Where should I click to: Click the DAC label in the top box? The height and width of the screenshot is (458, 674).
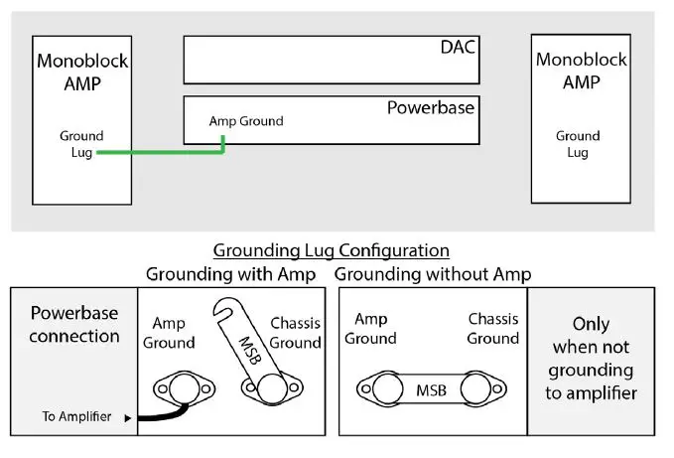point(459,48)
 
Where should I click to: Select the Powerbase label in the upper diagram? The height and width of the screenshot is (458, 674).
point(430,107)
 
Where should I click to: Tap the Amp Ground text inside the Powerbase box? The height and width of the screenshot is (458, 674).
point(245,121)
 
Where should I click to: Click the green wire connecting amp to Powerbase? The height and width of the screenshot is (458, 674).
point(159,153)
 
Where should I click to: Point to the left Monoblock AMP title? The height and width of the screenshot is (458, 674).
point(83,72)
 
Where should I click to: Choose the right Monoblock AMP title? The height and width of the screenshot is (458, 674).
point(581,71)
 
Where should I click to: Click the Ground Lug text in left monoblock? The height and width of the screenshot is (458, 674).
point(81,144)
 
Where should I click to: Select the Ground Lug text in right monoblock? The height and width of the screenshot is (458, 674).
point(578,144)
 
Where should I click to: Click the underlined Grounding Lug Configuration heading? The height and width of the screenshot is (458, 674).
point(332,250)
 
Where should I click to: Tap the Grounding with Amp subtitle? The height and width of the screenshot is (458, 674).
point(231,273)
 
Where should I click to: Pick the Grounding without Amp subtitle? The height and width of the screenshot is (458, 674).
point(432,273)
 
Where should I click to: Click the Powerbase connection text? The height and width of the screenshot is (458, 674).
point(74,324)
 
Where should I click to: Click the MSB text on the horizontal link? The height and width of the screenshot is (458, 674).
point(431,390)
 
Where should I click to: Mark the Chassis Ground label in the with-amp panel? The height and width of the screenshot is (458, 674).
point(296,333)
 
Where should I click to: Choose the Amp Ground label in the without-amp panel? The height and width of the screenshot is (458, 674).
point(370,328)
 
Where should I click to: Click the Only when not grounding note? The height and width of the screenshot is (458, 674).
point(590,359)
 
